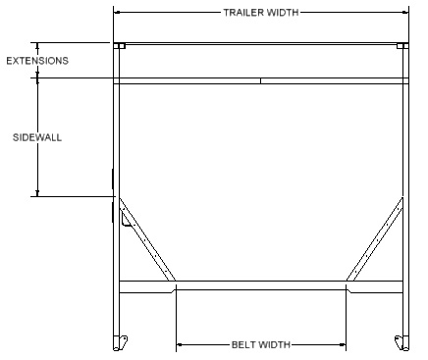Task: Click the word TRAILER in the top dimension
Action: pyautogui.click(x=243, y=13)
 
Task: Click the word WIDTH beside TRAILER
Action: pyautogui.click(x=283, y=13)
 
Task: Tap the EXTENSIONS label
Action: pyautogui.click(x=37, y=61)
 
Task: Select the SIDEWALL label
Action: pyautogui.click(x=37, y=137)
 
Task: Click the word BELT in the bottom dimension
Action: pyautogui.click(x=242, y=344)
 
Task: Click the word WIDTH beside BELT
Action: pyautogui.click(x=273, y=344)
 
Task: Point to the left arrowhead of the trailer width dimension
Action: pyautogui.click(x=117, y=13)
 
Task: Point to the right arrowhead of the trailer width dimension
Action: pyautogui.click(x=405, y=13)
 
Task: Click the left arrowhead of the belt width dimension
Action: pyautogui.click(x=180, y=344)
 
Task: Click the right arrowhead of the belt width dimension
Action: pyautogui.click(x=343, y=344)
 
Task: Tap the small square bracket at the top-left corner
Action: pyautogui.click(x=120, y=46)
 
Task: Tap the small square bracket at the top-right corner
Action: pyautogui.click(x=402, y=46)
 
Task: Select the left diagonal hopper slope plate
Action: pyautogui.click(x=147, y=239)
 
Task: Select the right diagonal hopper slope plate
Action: pyautogui.click(x=375, y=239)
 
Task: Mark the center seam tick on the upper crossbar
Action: pyautogui.click(x=260, y=80)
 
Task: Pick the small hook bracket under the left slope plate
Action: pyautogui.click(x=127, y=219)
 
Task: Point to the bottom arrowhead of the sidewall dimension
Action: pyautogui.click(x=37, y=193)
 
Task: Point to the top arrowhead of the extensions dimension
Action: pyautogui.click(x=37, y=46)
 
